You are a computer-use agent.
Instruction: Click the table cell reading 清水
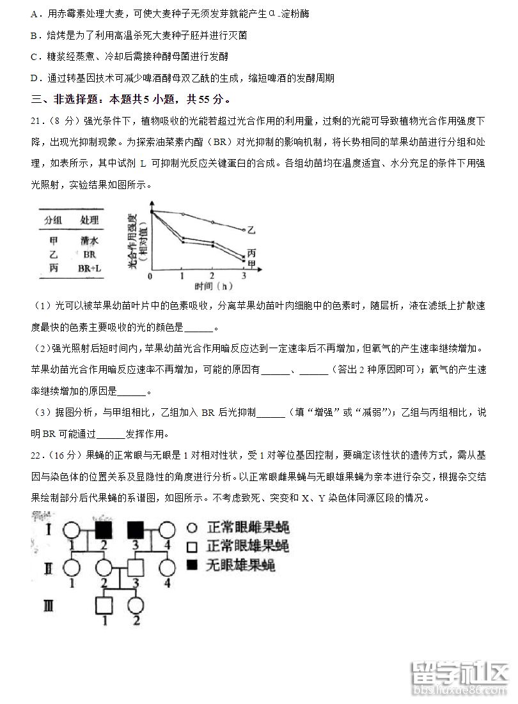click(90, 241)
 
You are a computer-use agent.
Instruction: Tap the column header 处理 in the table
click(90, 220)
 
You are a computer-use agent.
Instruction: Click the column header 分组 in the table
click(53, 220)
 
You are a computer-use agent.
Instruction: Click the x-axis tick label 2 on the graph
click(212, 275)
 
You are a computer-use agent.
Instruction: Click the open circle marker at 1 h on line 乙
click(183, 214)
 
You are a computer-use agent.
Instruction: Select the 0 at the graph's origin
click(150, 276)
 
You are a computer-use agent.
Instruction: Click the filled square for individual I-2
click(103, 530)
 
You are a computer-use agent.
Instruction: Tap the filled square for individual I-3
click(136, 530)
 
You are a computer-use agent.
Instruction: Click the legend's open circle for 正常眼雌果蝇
click(192, 528)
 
